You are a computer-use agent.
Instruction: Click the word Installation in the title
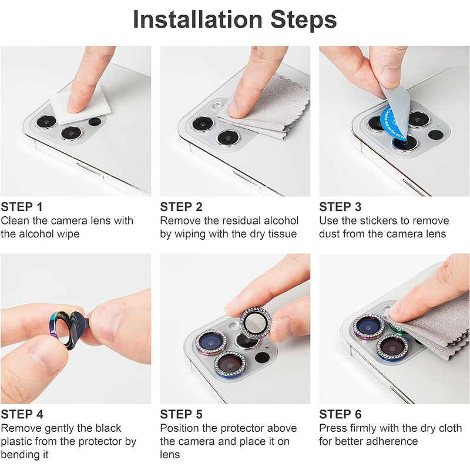point(198,20)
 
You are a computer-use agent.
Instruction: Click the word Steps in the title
point(304,21)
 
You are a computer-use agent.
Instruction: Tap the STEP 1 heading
point(22,207)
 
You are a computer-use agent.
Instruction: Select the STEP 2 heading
point(181,207)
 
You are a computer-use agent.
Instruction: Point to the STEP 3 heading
point(340,207)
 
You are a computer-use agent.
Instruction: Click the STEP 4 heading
point(22,414)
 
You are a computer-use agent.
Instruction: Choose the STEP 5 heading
point(181,414)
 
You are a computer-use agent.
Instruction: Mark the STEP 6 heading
point(340,414)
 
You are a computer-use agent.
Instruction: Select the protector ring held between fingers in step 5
point(256,323)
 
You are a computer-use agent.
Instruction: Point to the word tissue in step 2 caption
point(283,234)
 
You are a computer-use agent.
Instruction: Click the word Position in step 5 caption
point(180,428)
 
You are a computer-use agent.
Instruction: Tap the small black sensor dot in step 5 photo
point(262,357)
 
